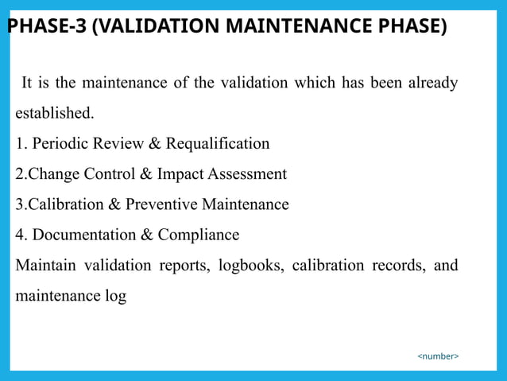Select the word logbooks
[x=250, y=265]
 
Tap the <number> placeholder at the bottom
[x=438, y=356]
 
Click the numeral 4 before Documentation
[x=19, y=235]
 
